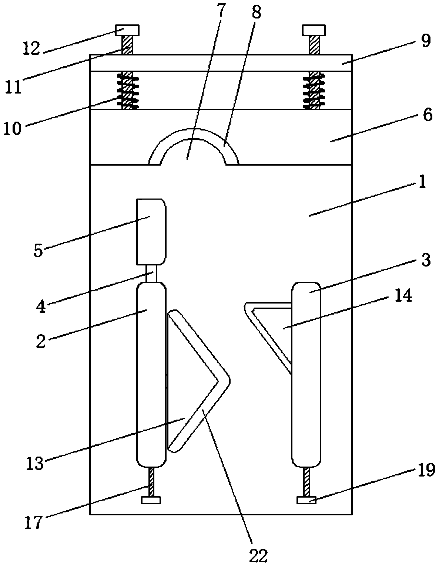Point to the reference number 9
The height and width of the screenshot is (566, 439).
(x=426, y=41)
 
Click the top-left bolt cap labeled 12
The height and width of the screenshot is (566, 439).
(x=127, y=30)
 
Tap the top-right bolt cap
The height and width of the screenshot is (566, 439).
(x=314, y=30)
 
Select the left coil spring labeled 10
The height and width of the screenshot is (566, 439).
(x=128, y=90)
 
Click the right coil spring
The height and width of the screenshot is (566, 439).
(x=314, y=90)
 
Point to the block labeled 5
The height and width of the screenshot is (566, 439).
(x=151, y=231)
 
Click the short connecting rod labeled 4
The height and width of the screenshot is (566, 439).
(x=152, y=274)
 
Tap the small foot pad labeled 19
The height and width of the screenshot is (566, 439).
(x=307, y=500)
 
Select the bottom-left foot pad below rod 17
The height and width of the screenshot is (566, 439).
(x=151, y=500)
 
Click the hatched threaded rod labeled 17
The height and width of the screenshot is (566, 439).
(x=151, y=482)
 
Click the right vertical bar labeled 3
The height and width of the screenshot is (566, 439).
(x=306, y=373)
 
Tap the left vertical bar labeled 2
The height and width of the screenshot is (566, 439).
(x=151, y=373)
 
